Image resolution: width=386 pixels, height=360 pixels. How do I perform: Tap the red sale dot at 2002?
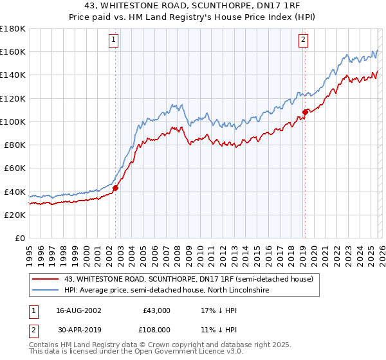point(116,188)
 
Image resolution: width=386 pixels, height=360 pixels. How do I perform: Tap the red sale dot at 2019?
point(305,112)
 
